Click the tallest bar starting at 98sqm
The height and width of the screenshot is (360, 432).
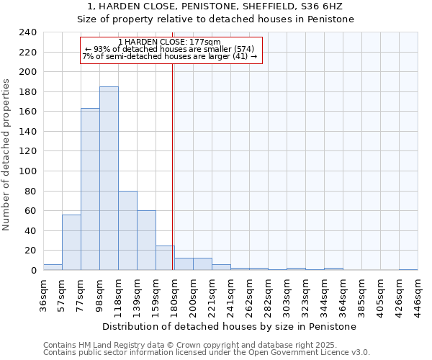click(109, 179)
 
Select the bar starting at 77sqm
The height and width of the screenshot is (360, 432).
click(90, 189)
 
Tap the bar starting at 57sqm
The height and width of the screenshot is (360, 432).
click(71, 242)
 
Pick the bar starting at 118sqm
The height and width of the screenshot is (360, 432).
click(127, 230)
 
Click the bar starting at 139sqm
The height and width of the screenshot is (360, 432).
click(146, 240)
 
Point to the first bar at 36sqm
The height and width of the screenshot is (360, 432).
click(53, 267)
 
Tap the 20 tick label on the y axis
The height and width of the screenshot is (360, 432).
click(30, 251)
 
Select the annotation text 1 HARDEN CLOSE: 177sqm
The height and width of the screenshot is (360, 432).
click(170, 42)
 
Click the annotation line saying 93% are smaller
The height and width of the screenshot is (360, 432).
click(170, 49)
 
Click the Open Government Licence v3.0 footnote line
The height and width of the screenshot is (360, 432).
click(207, 352)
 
